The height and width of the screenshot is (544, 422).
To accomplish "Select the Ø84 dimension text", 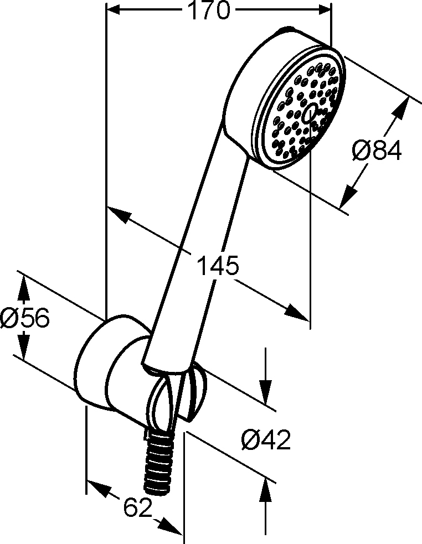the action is pos(377,150).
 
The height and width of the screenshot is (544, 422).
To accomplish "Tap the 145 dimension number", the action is pos(218,266).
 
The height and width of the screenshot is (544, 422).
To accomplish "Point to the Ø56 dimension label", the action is pos(25,318).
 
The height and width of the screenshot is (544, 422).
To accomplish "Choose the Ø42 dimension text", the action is pos(266,440).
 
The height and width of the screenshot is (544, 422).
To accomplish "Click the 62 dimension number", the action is pos(138,508).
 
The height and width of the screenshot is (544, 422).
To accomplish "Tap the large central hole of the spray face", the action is pos(309,113).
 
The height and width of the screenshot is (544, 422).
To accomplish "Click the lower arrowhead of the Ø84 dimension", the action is pos(348,198).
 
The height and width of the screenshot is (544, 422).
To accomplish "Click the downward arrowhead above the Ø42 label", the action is pos(266,392).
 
